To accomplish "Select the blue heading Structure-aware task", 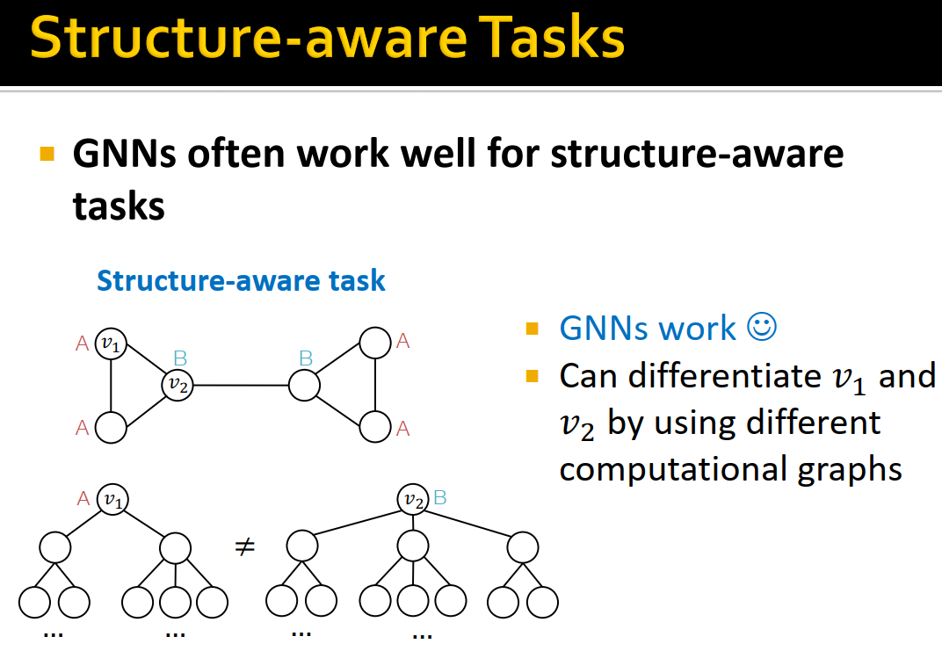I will [241, 280].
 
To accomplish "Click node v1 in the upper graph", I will [111, 344].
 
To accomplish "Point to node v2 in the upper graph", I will [178, 384].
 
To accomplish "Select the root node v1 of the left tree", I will [112, 499].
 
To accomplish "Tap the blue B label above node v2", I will [180, 358].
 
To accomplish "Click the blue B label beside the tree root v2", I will [440, 498].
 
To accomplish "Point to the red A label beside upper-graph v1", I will [83, 344].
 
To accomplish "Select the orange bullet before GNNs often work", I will [47, 156].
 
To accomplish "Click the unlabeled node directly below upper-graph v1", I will [111, 427].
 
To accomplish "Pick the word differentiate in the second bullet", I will [689, 376].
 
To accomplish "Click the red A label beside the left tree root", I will [83, 498].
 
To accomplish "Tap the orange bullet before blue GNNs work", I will [532, 329].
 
